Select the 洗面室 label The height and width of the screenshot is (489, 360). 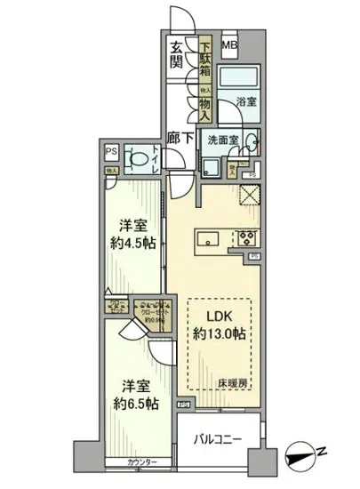[x=223, y=140]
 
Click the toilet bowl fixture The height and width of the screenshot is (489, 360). [x=139, y=158]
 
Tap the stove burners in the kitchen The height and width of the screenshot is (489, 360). [x=245, y=238]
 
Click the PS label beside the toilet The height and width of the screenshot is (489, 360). [x=111, y=151]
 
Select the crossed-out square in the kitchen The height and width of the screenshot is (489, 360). [x=249, y=196]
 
